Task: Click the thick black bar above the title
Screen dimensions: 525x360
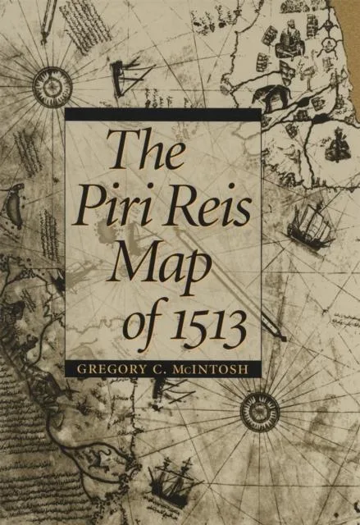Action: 163,114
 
